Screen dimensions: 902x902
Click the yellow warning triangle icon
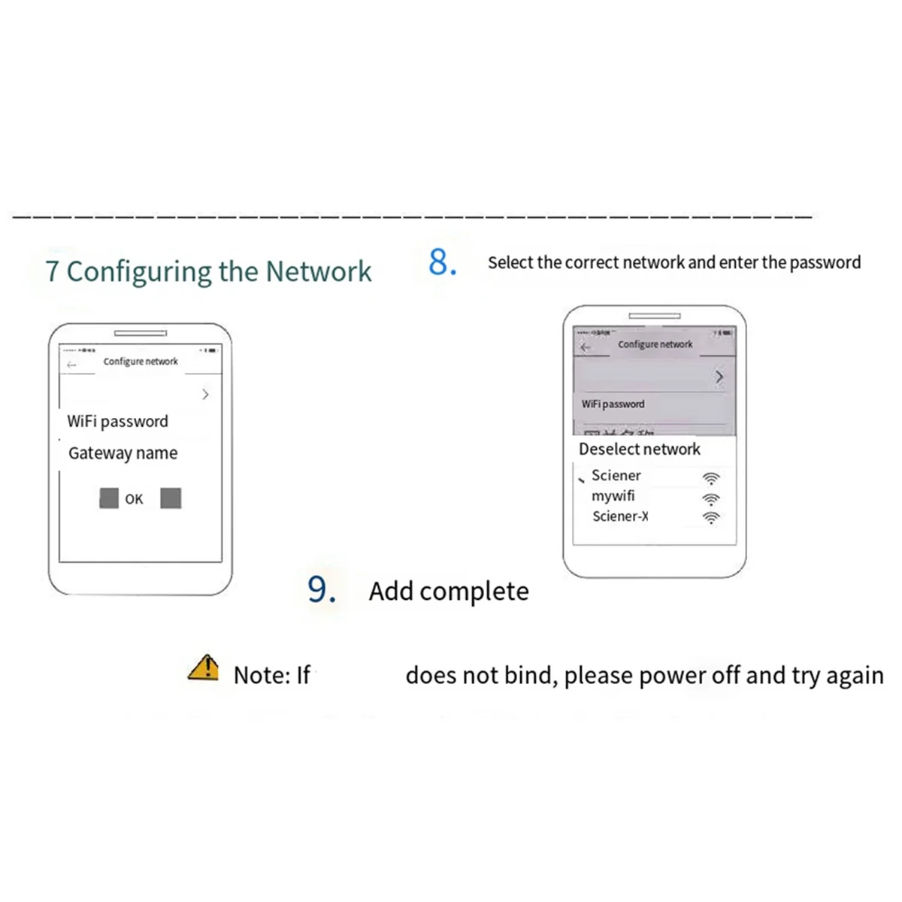click(203, 667)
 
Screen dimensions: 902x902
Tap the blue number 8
click(442, 262)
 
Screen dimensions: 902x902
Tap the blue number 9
click(321, 589)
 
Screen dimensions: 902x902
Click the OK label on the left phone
click(134, 499)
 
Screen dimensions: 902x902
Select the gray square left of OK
click(109, 498)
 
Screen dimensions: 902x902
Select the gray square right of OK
click(171, 498)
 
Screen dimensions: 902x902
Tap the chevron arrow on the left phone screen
click(205, 394)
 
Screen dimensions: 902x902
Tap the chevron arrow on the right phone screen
click(719, 377)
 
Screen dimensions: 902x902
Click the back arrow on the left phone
click(72, 365)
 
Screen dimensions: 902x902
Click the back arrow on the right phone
click(586, 347)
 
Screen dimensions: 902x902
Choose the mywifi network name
click(613, 496)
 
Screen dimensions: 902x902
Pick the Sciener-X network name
click(619, 516)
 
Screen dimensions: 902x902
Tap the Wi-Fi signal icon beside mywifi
click(710, 498)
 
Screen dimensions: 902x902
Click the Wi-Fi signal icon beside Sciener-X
click(710, 517)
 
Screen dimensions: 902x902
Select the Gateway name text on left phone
click(123, 453)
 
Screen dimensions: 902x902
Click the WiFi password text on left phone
click(117, 421)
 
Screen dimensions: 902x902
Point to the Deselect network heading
click(639, 449)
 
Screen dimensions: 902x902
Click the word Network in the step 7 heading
click(319, 271)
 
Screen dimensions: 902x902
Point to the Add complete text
click(449, 591)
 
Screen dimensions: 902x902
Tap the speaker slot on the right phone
click(654, 316)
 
